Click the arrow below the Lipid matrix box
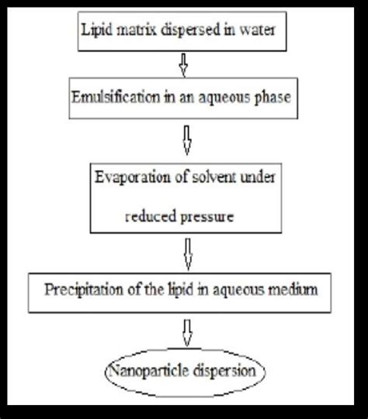(x=183, y=64)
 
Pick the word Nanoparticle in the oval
(x=150, y=372)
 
